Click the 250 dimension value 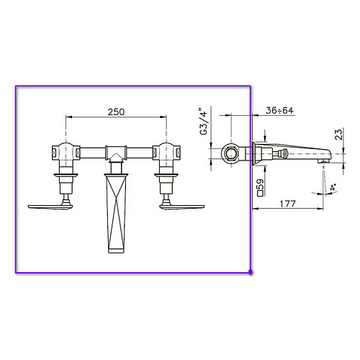pyautogui.click(x=116, y=112)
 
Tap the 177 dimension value pyautogui.click(x=287, y=204)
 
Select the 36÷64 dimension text pyautogui.click(x=279, y=110)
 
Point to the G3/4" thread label pyautogui.click(x=204, y=121)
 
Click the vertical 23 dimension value pyautogui.click(x=338, y=135)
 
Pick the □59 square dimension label pyautogui.click(x=260, y=188)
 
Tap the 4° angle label pyautogui.click(x=333, y=187)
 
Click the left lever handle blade pyautogui.click(x=50, y=207)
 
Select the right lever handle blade pyautogui.click(x=182, y=207)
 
